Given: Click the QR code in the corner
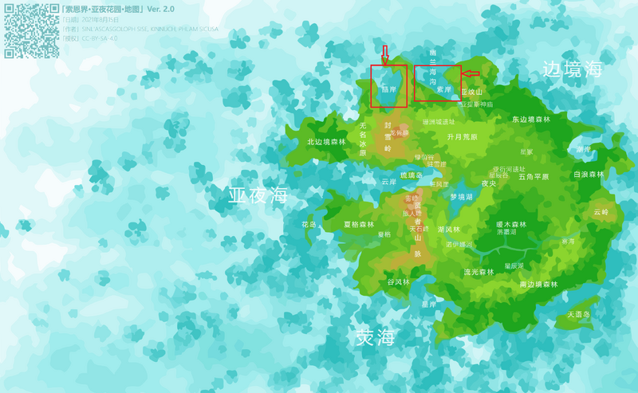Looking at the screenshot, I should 31,30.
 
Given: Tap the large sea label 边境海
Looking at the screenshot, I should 572,69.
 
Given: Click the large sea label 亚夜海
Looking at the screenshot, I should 258,195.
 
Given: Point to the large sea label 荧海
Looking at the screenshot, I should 375,337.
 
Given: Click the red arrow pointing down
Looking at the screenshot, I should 384,55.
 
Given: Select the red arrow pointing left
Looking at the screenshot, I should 471,74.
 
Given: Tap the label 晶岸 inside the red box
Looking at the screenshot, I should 389,89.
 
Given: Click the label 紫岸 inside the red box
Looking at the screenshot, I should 444,89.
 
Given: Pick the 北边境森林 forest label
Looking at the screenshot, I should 327,142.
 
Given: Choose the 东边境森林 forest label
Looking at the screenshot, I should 531,120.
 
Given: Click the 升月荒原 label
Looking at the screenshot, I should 462,137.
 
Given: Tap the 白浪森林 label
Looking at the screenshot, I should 589,174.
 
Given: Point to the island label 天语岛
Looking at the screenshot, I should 578,314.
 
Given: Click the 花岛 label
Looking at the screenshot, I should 309,225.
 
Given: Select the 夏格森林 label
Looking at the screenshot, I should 359,225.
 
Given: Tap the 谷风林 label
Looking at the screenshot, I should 398,281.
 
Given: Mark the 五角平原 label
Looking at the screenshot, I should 534,177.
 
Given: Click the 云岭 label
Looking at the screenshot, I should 601,212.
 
